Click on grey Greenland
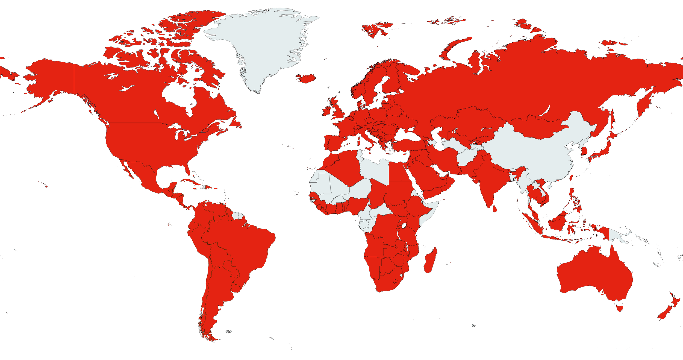(262, 46)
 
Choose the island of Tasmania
(620, 308)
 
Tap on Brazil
(240, 241)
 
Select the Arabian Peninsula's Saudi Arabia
(426, 175)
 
